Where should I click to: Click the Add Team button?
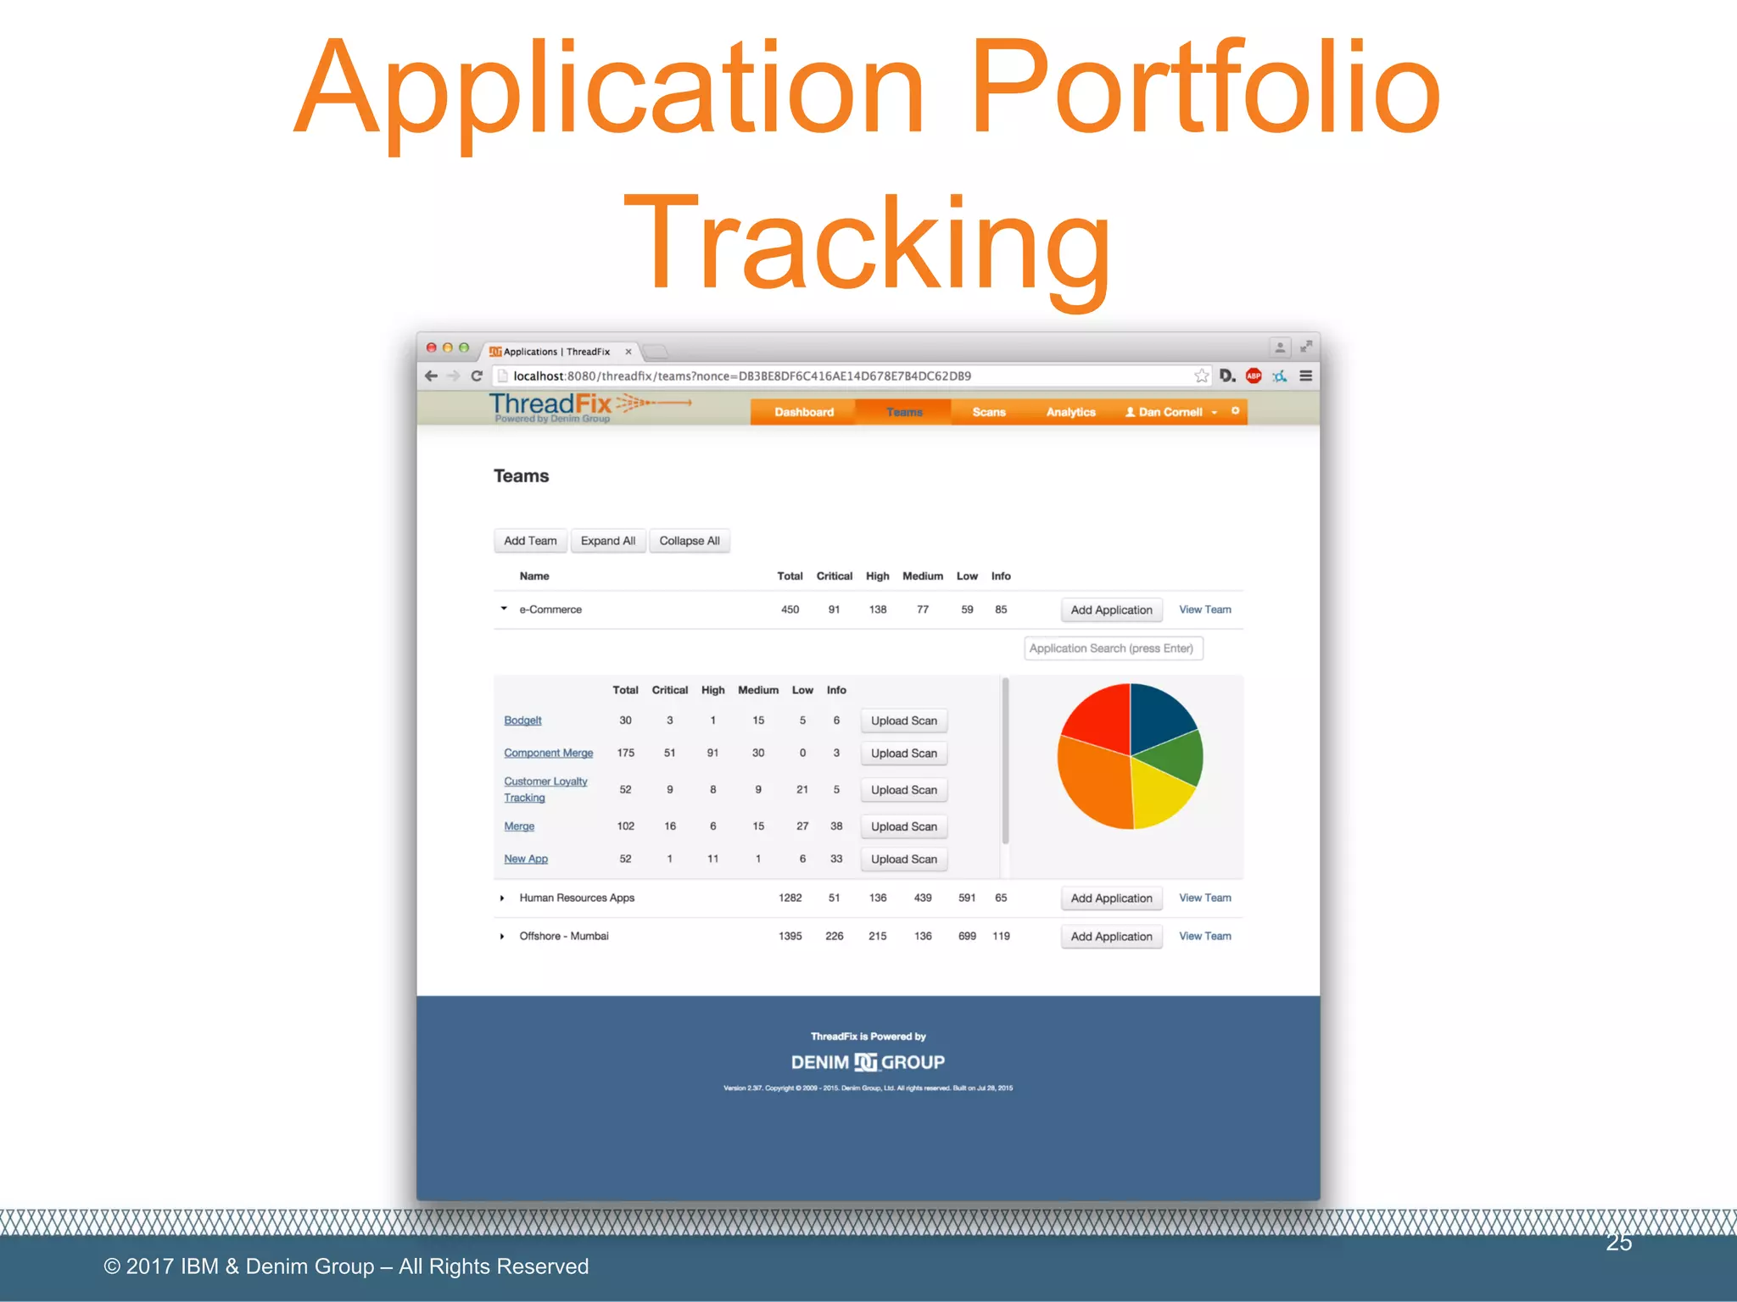(x=530, y=541)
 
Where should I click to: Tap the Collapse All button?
(x=689, y=541)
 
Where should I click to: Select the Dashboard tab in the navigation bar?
(x=803, y=412)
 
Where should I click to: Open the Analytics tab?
(x=1070, y=412)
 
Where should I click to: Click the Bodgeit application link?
(x=522, y=721)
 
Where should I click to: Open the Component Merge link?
(x=548, y=753)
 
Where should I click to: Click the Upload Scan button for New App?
(x=903, y=859)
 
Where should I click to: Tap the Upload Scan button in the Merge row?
(x=903, y=826)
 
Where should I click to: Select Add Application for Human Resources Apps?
(x=1111, y=898)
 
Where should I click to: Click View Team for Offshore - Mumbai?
(x=1204, y=936)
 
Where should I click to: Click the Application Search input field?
(x=1113, y=648)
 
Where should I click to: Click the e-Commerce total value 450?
(x=790, y=609)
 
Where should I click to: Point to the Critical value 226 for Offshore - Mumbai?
(x=834, y=936)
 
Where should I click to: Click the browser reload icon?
(x=477, y=376)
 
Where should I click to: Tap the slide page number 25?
(x=1618, y=1243)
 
